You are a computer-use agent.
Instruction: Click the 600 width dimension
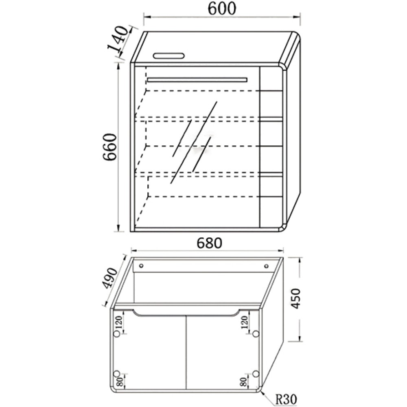click(222, 9)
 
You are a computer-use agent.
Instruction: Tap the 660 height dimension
click(109, 147)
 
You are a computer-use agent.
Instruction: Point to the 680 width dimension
click(210, 243)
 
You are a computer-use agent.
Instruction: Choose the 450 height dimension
click(295, 298)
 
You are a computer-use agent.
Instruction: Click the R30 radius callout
click(286, 400)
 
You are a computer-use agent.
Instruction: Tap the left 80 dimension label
click(120, 382)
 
